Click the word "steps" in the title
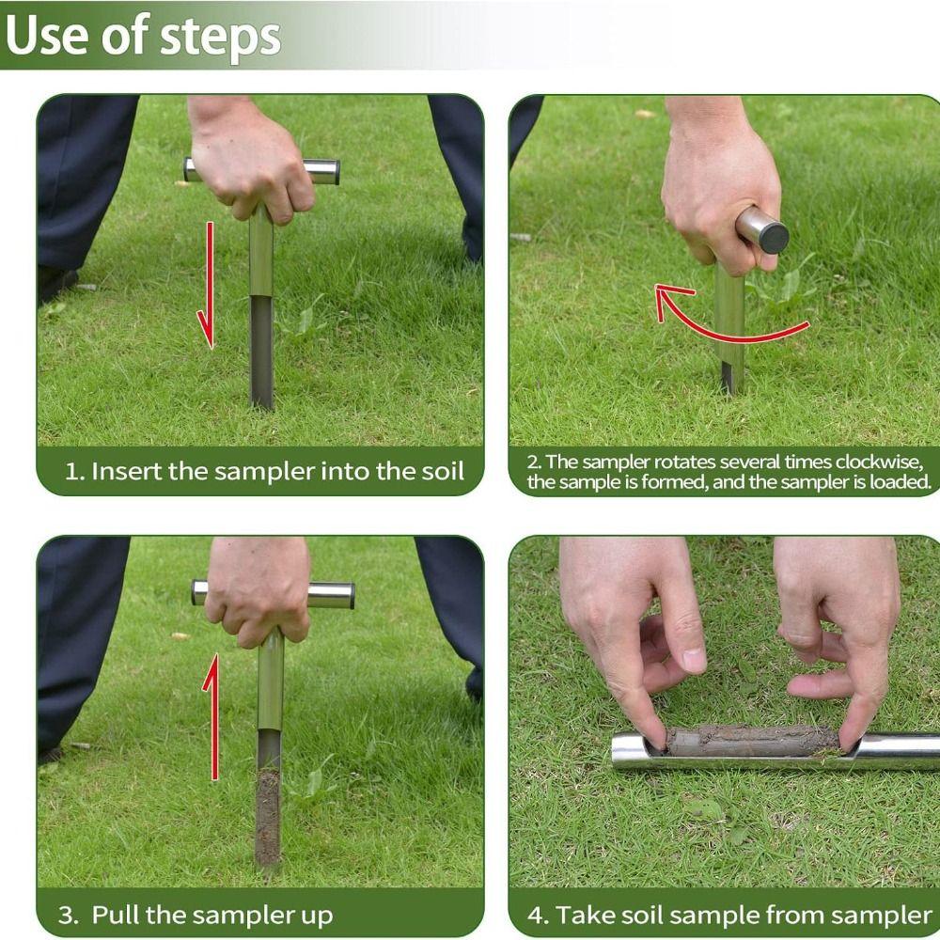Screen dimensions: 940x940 click(x=220, y=39)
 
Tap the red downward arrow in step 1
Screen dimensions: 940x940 click(x=207, y=286)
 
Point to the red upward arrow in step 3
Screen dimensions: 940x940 click(x=211, y=717)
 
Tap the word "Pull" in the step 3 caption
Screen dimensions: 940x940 click(x=116, y=915)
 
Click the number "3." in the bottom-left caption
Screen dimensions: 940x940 click(x=69, y=916)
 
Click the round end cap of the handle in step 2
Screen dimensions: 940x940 click(x=770, y=234)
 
